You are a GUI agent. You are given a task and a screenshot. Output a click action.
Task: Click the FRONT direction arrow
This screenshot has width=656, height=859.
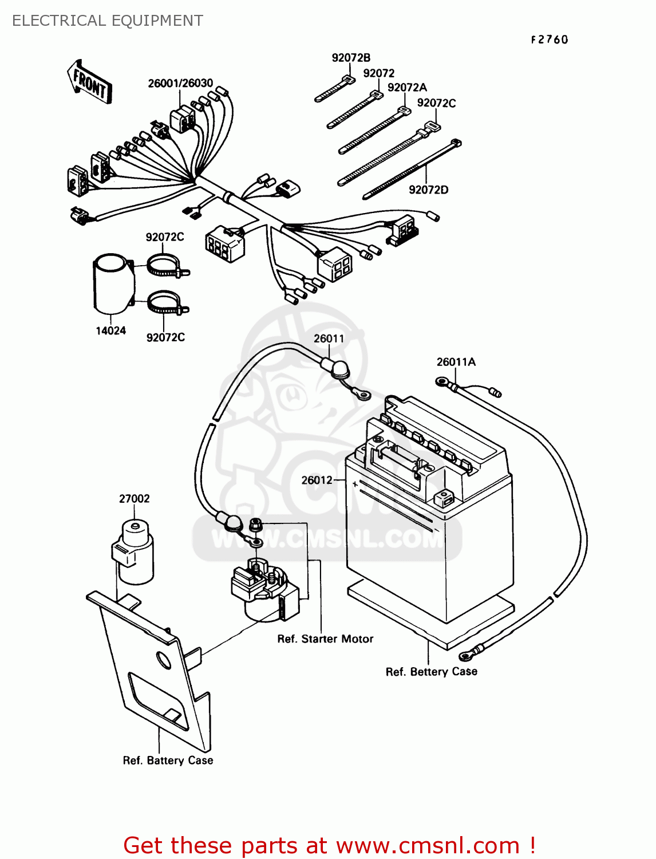(x=89, y=82)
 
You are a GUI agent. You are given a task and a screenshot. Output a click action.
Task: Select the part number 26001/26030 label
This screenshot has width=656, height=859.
(x=180, y=83)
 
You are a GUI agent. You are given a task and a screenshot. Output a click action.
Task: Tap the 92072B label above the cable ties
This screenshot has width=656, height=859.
(x=351, y=58)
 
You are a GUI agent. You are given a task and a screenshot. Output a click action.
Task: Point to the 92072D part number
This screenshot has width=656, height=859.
(x=428, y=190)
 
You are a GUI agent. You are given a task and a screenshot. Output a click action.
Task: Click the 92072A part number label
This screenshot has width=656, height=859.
(x=407, y=88)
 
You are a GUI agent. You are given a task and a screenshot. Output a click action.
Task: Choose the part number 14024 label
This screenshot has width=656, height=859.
(x=110, y=330)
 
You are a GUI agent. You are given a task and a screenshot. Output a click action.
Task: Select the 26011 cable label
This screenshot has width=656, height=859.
(x=329, y=338)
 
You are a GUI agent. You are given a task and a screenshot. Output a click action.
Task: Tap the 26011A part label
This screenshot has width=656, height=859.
(x=456, y=362)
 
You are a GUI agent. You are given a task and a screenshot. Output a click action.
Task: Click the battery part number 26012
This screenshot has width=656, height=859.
(x=317, y=480)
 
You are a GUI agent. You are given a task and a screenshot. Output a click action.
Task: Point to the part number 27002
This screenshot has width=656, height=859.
(x=134, y=499)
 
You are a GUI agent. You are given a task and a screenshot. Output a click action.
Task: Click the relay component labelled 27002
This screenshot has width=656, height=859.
(x=134, y=553)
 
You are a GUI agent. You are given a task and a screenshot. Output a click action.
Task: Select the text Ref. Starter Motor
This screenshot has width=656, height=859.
(x=325, y=639)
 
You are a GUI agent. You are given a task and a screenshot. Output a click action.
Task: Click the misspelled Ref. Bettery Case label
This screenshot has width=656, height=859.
(x=431, y=672)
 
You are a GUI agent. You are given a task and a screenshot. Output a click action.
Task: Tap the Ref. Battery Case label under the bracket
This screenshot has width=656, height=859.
(x=168, y=761)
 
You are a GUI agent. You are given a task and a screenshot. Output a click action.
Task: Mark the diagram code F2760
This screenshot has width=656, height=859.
(x=549, y=40)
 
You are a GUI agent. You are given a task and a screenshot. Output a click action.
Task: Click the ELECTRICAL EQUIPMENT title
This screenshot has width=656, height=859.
(x=108, y=21)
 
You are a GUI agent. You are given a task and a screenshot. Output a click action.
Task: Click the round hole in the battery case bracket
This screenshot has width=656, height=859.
(x=164, y=660)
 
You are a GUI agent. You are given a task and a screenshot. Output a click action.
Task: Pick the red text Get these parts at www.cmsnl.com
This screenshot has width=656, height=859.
(x=329, y=845)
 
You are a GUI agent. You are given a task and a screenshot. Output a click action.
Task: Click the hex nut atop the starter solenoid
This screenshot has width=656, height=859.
(x=255, y=523)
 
